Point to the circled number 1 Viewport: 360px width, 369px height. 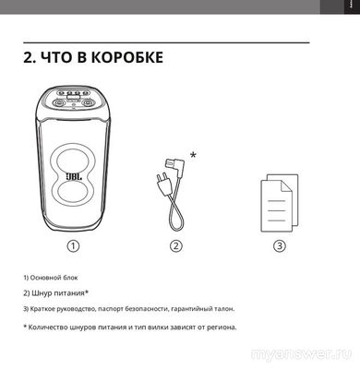tap(72, 245)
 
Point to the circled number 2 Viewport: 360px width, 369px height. tap(175, 245)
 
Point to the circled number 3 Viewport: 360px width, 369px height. tap(279, 245)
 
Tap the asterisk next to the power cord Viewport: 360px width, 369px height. tap(192, 153)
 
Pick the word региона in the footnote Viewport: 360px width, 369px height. tap(219, 326)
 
